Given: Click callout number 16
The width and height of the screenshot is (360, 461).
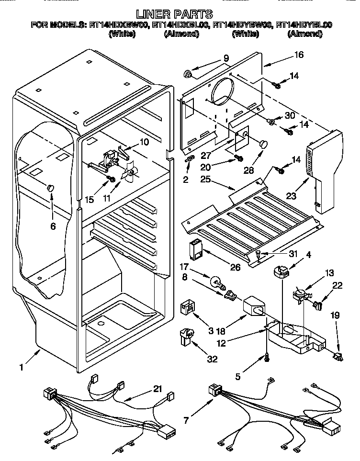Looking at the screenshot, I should tap(298, 55).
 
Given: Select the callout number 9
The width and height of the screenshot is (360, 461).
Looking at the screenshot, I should tap(226, 59).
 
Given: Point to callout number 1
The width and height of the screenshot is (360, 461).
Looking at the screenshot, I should tap(21, 368).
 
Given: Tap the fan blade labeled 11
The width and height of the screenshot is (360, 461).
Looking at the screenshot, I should tap(130, 176).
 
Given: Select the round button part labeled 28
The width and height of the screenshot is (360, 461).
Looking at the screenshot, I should tap(263, 143).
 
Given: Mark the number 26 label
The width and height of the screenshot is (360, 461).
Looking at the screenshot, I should tap(235, 267).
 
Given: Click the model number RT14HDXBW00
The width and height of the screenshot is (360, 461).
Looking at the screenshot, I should tap(118, 25).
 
